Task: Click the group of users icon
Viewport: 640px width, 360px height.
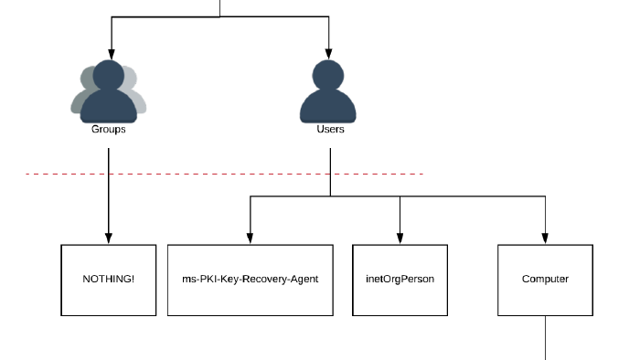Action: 109,93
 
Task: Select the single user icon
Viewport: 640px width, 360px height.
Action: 327,93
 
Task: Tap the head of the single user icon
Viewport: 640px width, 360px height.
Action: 327,75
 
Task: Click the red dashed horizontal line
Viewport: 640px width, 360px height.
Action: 224,174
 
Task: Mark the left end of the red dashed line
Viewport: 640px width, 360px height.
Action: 27,174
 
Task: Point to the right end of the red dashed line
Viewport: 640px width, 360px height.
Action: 421,174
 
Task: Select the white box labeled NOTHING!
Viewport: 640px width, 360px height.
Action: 109,280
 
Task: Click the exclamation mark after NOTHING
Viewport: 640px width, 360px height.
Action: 133,279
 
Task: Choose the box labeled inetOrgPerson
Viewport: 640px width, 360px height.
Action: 400,280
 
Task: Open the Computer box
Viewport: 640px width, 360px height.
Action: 545,280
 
